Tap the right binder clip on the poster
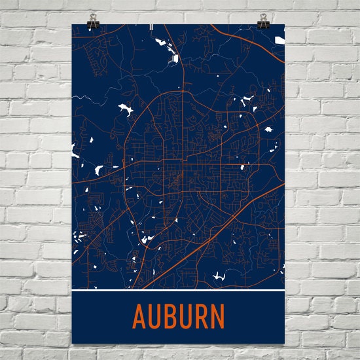263,22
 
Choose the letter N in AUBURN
224,317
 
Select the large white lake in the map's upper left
123,110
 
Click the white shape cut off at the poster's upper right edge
280,41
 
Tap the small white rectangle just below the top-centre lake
175,59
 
